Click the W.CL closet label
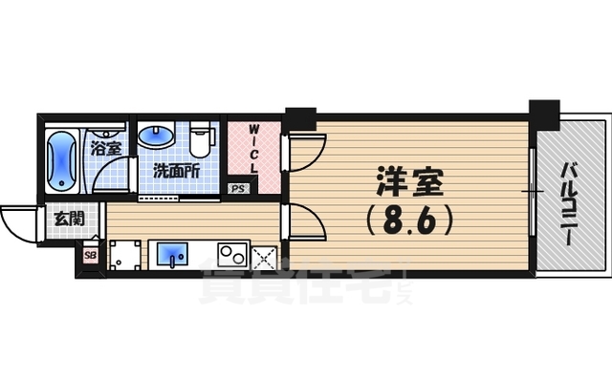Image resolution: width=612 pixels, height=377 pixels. point(254,148)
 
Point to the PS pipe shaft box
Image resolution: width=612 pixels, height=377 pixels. point(238,189)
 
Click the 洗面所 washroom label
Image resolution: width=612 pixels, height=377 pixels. point(176,173)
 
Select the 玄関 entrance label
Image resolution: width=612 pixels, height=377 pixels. point(66,219)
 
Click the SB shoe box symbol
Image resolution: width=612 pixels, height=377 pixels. point(90,255)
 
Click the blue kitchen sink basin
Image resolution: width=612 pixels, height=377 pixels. point(172,255)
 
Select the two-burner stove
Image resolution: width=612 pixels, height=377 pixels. point(232,255)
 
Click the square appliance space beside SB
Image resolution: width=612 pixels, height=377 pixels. point(123,255)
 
